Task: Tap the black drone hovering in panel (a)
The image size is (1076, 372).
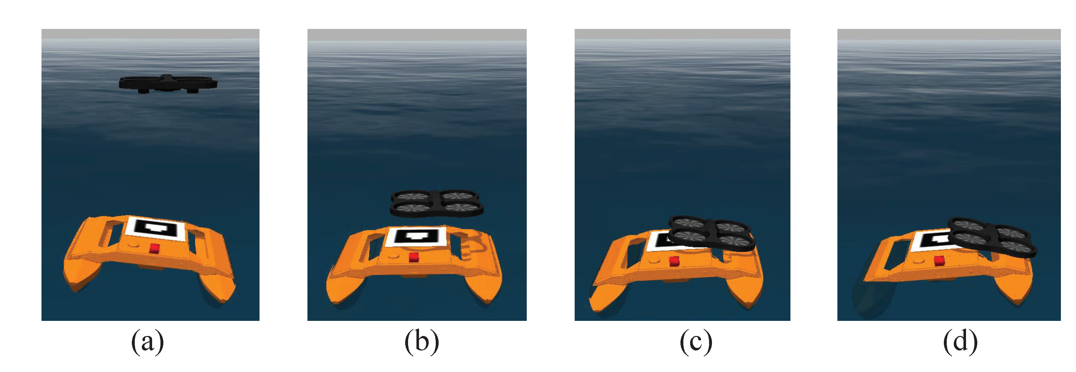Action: pos(168,83)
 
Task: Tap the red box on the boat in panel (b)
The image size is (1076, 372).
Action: pos(414,257)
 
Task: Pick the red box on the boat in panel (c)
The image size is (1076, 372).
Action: pos(674,262)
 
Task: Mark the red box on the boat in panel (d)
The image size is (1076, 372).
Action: pos(939,261)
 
